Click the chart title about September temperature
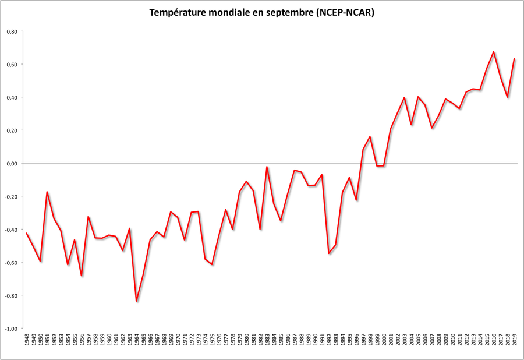click(261, 12)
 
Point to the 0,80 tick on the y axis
click(11, 31)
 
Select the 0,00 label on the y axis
click(11, 163)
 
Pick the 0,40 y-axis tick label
click(11, 97)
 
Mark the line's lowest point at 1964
click(137, 301)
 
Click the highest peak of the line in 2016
click(494, 52)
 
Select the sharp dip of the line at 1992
click(329, 253)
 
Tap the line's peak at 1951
click(47, 192)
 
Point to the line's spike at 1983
click(267, 167)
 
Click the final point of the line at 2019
click(514, 59)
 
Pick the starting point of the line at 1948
click(27, 233)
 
